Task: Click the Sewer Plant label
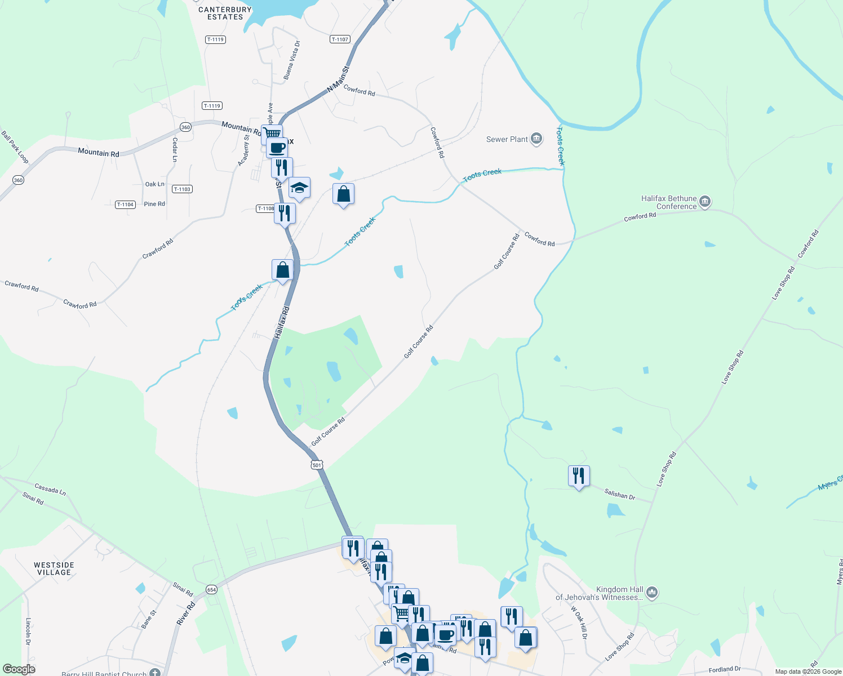(507, 139)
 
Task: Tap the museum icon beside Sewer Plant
(536, 139)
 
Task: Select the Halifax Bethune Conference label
(669, 202)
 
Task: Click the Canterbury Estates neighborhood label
(225, 14)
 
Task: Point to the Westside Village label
(54, 568)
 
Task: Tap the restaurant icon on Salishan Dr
(579, 476)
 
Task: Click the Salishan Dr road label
(619, 495)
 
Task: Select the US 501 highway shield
(317, 465)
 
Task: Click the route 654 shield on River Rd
(211, 589)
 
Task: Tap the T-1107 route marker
(340, 39)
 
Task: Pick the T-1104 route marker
(125, 204)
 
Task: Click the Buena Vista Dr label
(292, 60)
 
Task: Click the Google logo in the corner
(19, 669)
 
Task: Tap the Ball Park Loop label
(15, 147)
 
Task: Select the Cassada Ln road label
(50, 489)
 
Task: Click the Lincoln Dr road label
(28, 631)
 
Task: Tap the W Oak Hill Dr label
(579, 622)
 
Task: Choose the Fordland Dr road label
(724, 669)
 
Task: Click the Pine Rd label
(154, 204)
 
